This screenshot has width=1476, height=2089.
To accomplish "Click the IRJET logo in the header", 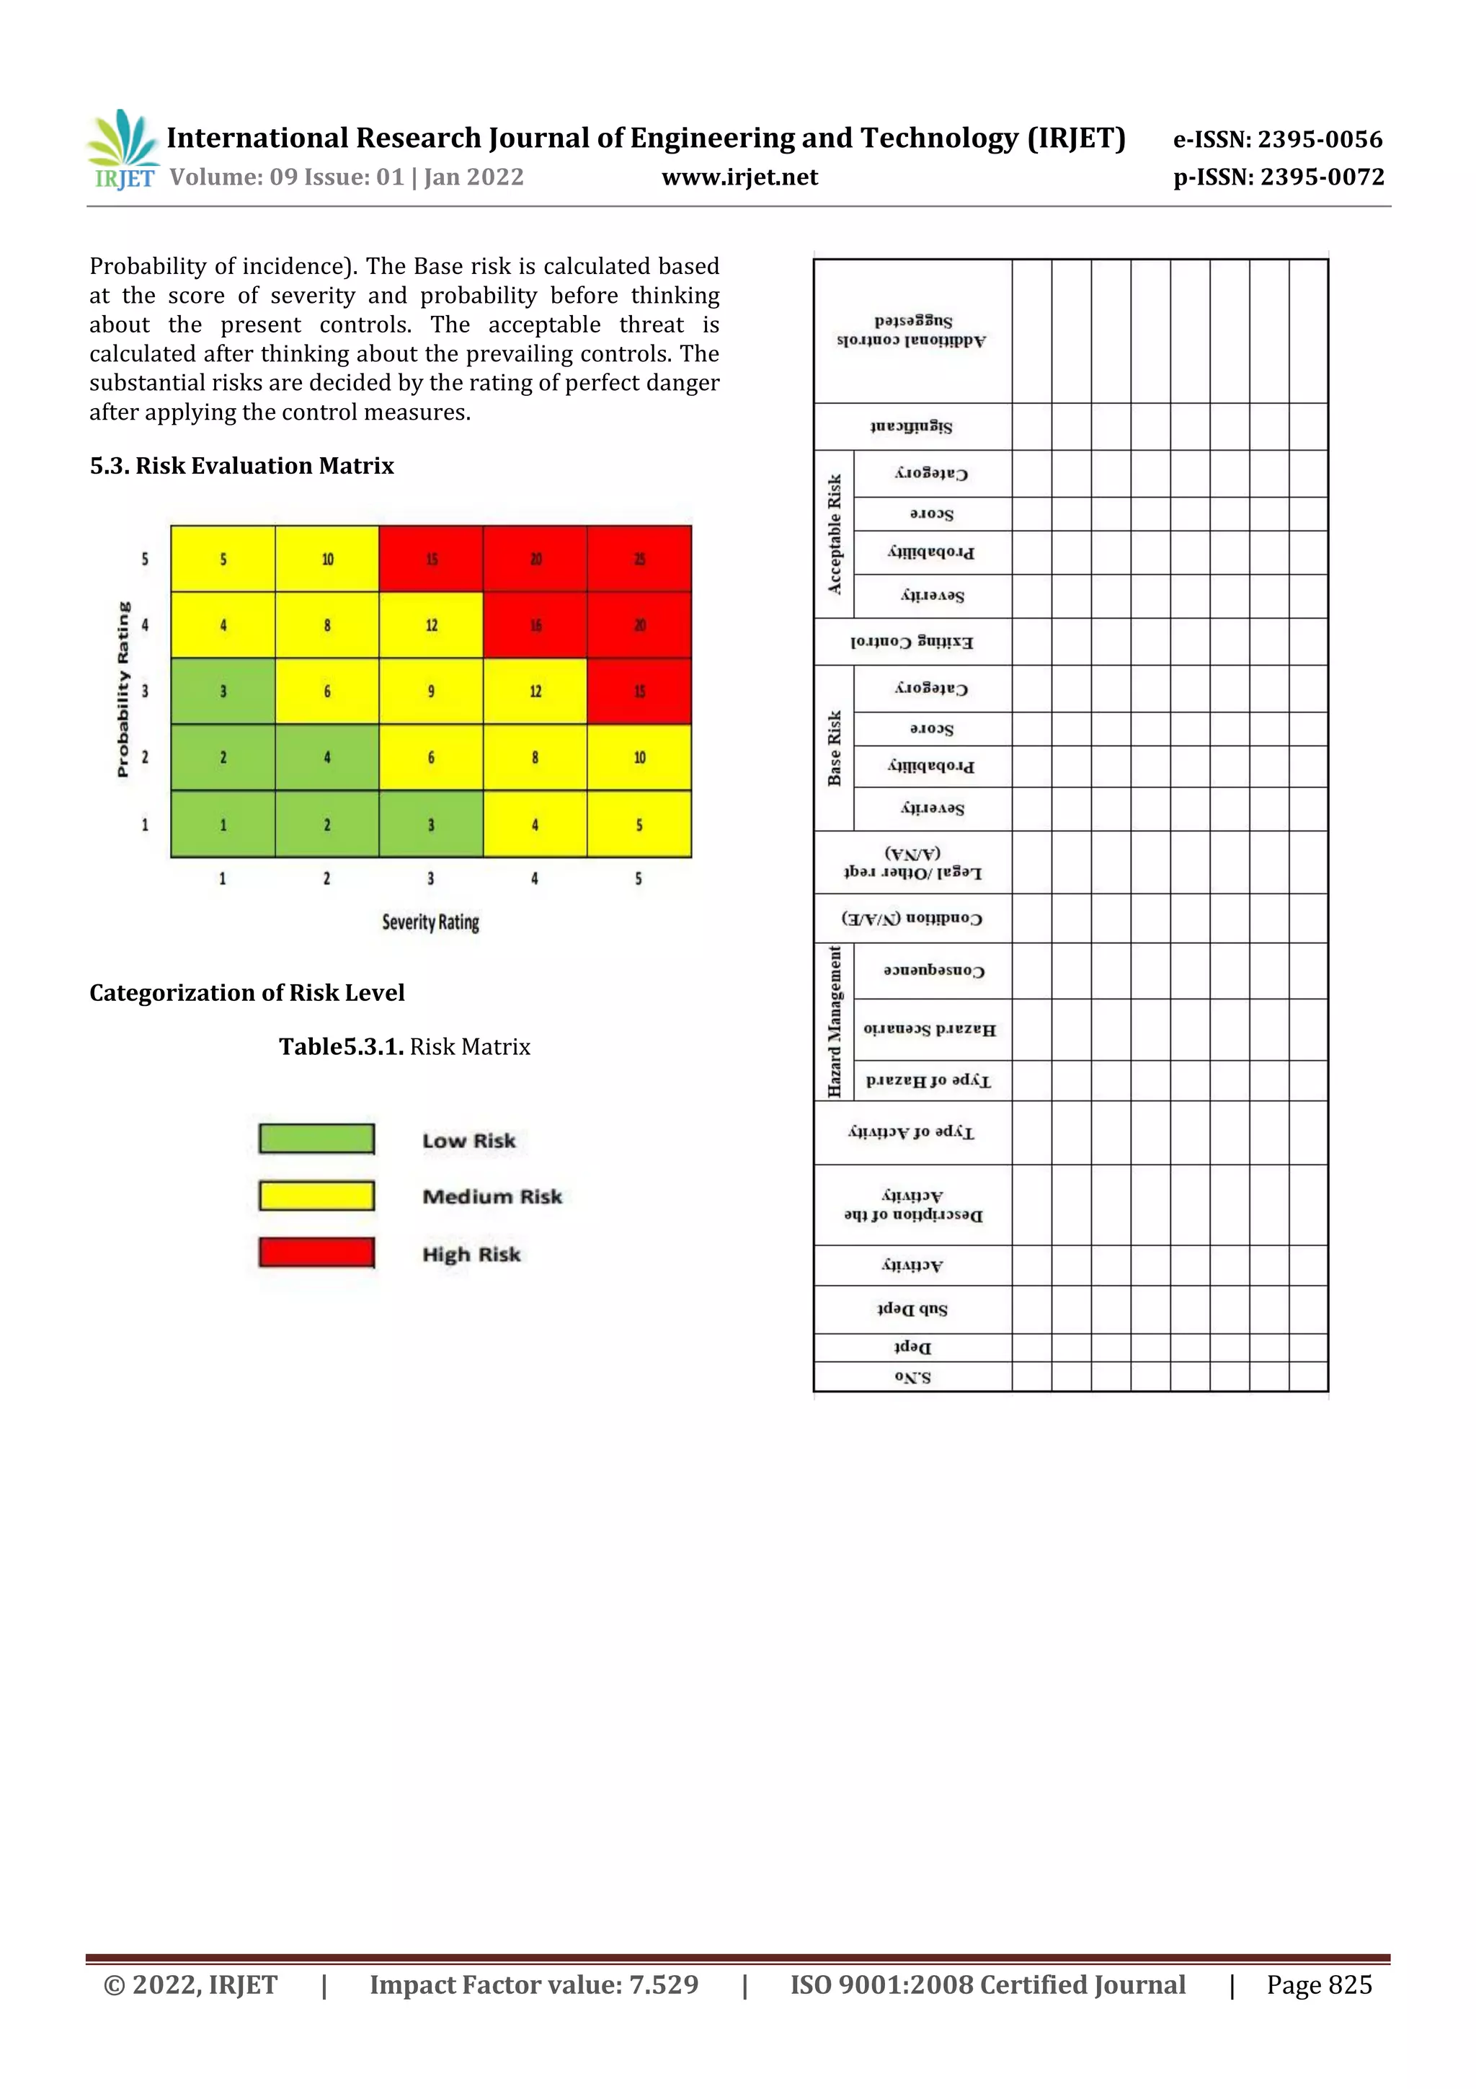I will [123, 150].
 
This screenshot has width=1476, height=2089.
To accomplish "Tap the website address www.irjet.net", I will [739, 177].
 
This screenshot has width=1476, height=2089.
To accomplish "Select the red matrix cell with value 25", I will [639, 559].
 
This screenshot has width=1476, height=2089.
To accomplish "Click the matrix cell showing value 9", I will [431, 692].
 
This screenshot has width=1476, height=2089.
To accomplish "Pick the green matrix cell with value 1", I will [223, 824].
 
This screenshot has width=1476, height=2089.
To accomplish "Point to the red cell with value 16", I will [535, 625].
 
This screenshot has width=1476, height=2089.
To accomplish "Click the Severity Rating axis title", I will [430, 922].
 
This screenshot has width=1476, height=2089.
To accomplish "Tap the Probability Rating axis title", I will [124, 689].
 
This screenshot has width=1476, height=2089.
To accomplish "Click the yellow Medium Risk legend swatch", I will [316, 1196].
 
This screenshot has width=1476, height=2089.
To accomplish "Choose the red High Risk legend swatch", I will [316, 1253].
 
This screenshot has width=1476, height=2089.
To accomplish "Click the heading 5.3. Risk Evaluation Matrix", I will [242, 466].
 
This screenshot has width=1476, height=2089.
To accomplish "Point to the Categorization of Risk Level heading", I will [246, 993].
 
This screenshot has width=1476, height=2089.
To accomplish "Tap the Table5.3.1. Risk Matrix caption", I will [404, 1047].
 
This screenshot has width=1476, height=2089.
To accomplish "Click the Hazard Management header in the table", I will [835, 1022].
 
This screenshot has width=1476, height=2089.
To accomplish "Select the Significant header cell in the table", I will [912, 427].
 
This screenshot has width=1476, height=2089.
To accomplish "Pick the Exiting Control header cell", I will [912, 642].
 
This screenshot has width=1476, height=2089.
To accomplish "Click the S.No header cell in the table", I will [912, 1377].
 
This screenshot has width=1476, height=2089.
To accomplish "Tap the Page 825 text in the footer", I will [1319, 1985].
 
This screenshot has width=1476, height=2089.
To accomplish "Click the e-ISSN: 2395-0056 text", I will [1278, 139].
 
